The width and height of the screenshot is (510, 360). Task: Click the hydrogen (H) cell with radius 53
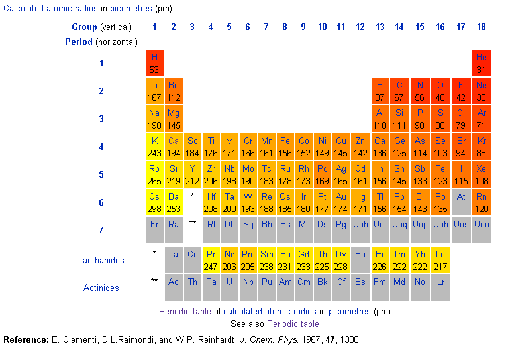pyautogui.click(x=154, y=63)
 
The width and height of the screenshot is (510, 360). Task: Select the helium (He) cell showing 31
pyautogui.click(x=482, y=63)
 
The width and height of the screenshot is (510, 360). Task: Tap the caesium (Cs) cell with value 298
pyautogui.click(x=154, y=202)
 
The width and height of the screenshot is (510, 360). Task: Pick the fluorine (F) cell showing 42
pyautogui.click(x=461, y=91)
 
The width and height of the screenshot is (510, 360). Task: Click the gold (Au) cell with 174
pyautogui.click(x=340, y=202)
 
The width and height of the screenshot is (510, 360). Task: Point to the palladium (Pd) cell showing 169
pyautogui.click(x=322, y=174)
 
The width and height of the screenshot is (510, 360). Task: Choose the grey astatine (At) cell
pyautogui.click(x=461, y=202)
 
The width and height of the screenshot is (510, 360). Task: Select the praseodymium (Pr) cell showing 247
pyautogui.click(x=211, y=260)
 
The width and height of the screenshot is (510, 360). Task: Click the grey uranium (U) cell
pyautogui.click(x=229, y=288)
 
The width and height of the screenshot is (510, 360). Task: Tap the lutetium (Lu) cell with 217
pyautogui.click(x=440, y=260)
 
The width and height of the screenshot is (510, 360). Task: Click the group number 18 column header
pyautogui.click(x=482, y=27)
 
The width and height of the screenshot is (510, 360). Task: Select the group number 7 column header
pyautogui.click(x=266, y=27)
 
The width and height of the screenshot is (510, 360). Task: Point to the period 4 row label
pyautogui.click(x=101, y=147)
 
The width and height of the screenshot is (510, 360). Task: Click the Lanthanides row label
pyautogui.click(x=101, y=261)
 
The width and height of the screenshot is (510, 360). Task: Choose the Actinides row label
pyautogui.click(x=101, y=288)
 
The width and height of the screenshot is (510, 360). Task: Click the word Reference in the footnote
pyautogui.click(x=25, y=339)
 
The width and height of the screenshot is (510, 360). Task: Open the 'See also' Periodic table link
pyautogui.click(x=293, y=324)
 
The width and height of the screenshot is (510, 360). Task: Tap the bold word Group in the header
pyautogui.click(x=84, y=27)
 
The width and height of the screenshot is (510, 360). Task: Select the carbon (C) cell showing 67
pyautogui.click(x=399, y=91)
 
